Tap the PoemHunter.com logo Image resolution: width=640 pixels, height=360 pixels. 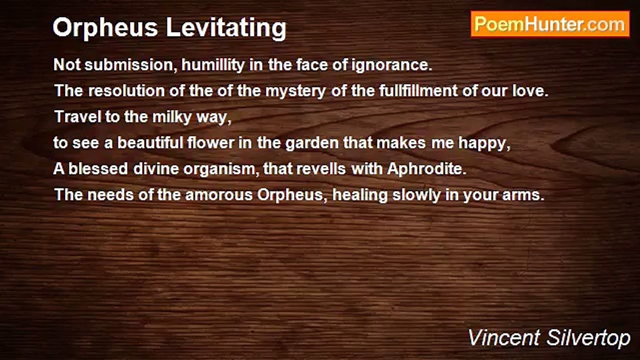[550, 24]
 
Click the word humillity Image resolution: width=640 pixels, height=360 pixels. [216, 65]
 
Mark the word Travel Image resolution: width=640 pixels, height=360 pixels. [73, 117]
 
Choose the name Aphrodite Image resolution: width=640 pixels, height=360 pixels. [426, 169]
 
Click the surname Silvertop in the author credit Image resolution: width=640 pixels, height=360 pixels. [589, 338]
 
